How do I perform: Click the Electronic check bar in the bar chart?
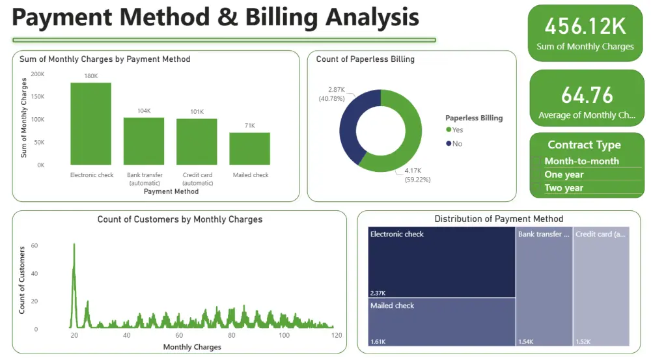pos(90,124)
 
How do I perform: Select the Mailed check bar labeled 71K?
pos(249,148)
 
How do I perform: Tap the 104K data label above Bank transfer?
pos(144,111)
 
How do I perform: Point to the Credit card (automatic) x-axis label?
pos(197,178)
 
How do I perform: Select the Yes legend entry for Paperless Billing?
pos(454,130)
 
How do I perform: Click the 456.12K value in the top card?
pos(585,27)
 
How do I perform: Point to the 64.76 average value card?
pos(587,95)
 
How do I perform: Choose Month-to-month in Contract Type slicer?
pos(581,161)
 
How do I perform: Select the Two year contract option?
pos(564,188)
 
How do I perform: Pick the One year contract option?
pos(564,174)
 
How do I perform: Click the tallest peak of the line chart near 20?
pos(74,245)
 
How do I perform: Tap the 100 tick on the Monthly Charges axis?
pos(284,335)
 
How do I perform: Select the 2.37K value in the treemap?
pos(378,293)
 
